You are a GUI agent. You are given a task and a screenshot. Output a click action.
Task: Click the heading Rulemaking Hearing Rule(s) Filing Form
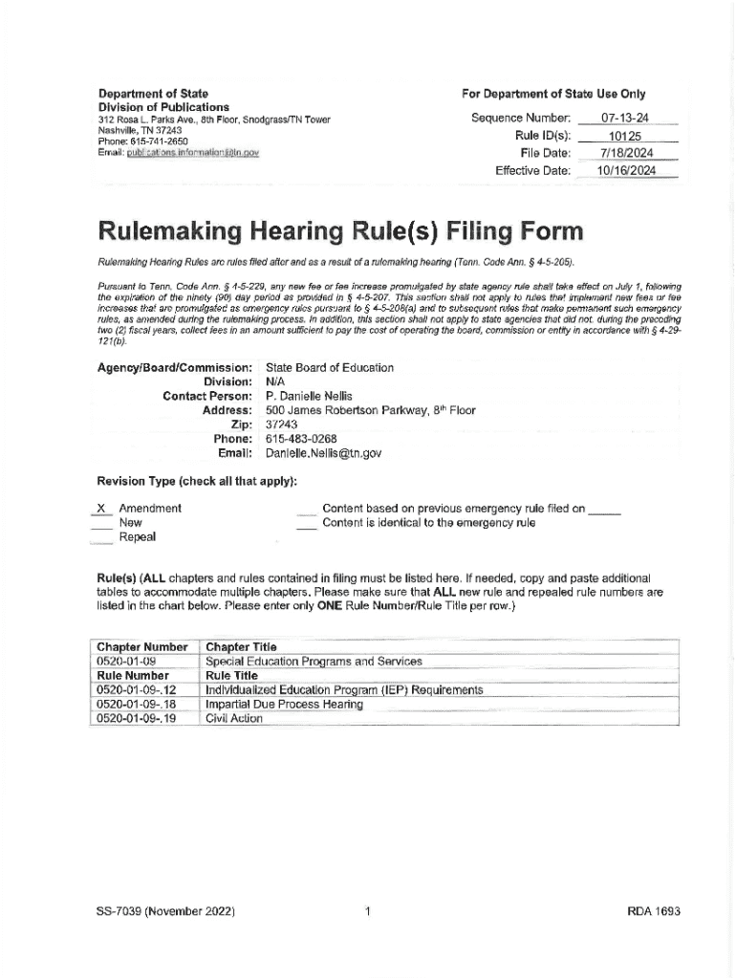coord(343,232)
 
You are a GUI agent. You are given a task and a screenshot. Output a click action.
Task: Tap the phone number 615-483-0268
coord(301,439)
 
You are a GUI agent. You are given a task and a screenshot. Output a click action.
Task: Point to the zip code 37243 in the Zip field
coord(282,424)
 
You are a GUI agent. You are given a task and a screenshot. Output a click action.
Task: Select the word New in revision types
coord(130,523)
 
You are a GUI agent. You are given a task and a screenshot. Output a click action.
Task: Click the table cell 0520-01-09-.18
coord(137,705)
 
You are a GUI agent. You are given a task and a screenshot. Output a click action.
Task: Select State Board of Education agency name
coord(329,367)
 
